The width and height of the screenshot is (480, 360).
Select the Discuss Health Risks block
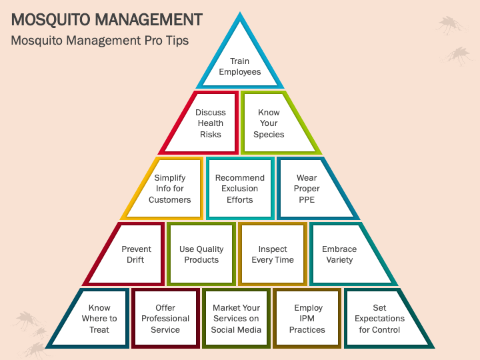[209, 123]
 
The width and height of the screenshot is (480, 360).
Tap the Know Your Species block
[269, 123]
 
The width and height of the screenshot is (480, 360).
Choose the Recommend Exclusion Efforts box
[240, 189]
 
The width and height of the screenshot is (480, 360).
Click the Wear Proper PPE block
[307, 189]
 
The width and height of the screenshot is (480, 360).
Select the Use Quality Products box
[201, 254]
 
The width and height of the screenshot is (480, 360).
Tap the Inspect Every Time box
[273, 254]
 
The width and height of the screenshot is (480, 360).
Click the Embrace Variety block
[340, 254]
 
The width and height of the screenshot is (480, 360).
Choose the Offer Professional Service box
[165, 319]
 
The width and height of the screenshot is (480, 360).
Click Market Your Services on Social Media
[237, 319]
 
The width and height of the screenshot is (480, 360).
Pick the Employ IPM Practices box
[307, 319]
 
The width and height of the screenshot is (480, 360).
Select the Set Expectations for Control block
[379, 319]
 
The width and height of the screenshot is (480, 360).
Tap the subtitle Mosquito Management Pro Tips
[100, 40]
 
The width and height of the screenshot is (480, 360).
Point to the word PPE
[307, 199]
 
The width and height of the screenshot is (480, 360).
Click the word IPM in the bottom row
[307, 319]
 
